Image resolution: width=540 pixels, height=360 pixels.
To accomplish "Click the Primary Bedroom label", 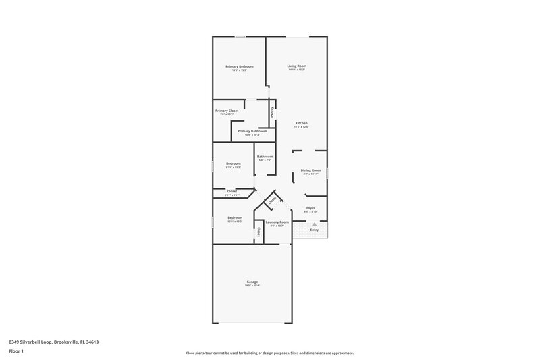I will (x=239, y=66).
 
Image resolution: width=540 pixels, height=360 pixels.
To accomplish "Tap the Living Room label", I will (x=297, y=66).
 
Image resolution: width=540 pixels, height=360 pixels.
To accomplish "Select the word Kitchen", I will (x=302, y=123).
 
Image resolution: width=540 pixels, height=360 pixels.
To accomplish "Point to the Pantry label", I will (x=272, y=113).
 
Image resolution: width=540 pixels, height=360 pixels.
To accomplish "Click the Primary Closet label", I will (x=227, y=111).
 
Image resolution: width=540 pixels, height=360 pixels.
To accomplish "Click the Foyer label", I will (x=310, y=208).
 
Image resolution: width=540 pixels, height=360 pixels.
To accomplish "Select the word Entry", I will (x=314, y=230).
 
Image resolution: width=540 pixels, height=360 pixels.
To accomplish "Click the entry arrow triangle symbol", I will (x=314, y=224).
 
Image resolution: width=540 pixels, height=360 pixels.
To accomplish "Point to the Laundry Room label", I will (x=277, y=222).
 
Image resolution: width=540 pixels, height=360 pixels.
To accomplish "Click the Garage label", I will (x=252, y=282).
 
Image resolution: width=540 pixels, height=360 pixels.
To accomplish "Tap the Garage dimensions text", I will (x=252, y=286).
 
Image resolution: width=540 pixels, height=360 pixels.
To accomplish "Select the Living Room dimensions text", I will (x=297, y=70).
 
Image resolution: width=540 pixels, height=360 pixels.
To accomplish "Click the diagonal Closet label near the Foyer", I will (x=272, y=201).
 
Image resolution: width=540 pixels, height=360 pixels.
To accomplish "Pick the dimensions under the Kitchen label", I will (x=302, y=127).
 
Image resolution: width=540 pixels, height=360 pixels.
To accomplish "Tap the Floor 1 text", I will (x=16, y=352).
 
